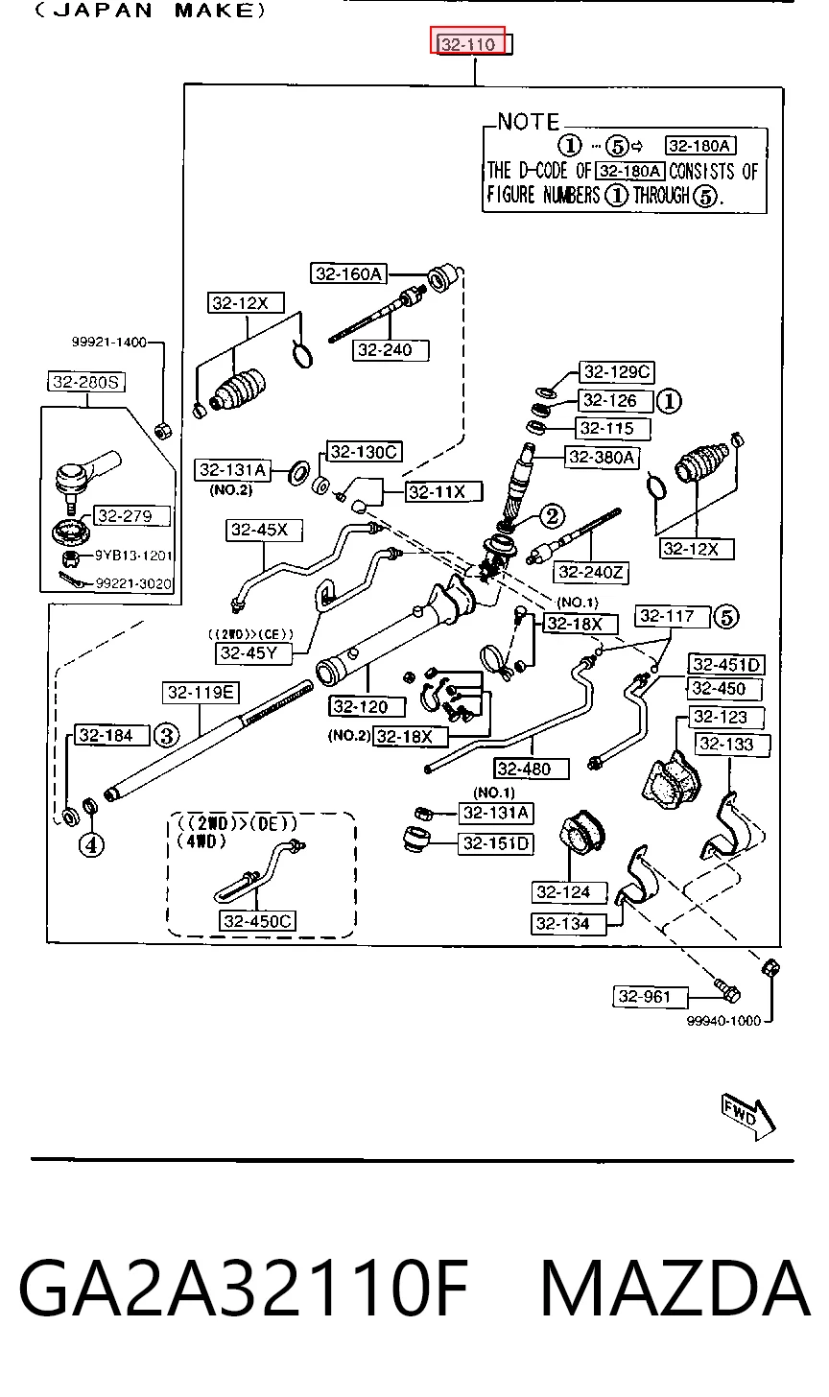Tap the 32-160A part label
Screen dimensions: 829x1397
[x=348, y=273]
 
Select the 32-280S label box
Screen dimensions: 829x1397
[x=86, y=382]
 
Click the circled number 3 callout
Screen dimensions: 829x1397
[x=167, y=735]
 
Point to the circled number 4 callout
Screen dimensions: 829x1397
[x=92, y=845]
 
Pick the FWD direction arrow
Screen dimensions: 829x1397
[x=747, y=1116]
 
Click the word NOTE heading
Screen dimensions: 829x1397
[x=529, y=122]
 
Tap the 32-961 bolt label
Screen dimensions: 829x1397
[x=650, y=997]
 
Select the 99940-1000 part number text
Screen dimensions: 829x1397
[x=723, y=1021]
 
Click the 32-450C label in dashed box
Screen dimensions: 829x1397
[x=257, y=921]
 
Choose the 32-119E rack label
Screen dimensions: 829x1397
[x=201, y=693]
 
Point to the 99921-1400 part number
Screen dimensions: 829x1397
[x=109, y=342]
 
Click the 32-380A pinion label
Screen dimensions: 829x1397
[x=602, y=457]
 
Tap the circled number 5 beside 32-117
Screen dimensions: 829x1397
[x=726, y=617]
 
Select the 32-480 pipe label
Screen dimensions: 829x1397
[x=532, y=769]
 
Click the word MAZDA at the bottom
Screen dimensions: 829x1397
[x=675, y=1288]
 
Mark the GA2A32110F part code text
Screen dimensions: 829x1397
[x=244, y=1288]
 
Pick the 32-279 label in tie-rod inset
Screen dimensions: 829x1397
[x=131, y=516]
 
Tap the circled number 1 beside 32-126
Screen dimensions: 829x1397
[x=669, y=401]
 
